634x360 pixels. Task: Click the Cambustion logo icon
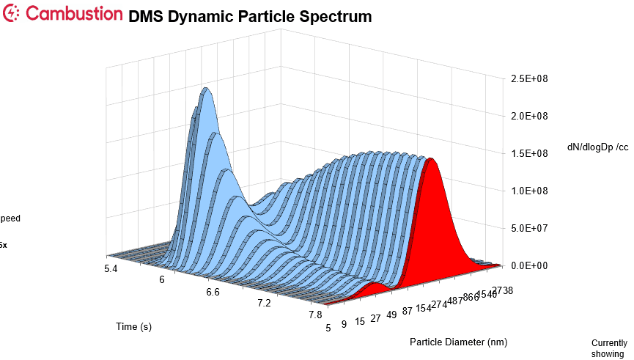(12, 13)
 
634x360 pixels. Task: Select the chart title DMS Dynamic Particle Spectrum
(249, 16)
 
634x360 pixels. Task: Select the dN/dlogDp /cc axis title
(598, 147)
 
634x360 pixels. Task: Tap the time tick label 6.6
(213, 292)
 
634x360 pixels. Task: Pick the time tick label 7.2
(265, 303)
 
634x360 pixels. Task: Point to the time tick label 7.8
(315, 315)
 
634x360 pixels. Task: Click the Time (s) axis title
(133, 326)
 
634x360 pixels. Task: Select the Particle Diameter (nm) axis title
(458, 342)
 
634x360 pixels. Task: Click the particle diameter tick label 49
(393, 315)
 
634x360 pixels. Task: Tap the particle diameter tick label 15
(359, 321)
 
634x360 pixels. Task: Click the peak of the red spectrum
(432, 159)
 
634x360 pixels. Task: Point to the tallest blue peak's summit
(207, 89)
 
